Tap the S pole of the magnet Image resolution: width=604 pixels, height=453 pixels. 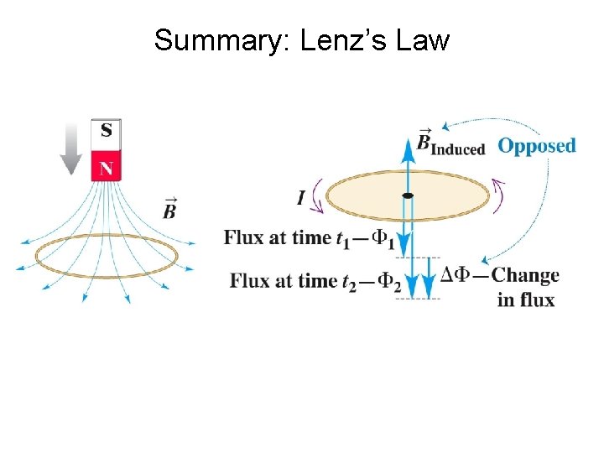click(106, 131)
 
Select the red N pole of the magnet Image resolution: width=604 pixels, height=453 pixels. click(106, 166)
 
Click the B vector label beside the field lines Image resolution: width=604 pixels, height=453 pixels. click(169, 209)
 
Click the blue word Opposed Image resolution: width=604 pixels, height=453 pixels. click(537, 145)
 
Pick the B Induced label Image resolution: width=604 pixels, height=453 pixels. click(451, 144)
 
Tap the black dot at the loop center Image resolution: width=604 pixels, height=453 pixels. click(407, 195)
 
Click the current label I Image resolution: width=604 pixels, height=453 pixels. click(301, 198)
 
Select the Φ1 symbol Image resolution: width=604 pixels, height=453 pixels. click(383, 239)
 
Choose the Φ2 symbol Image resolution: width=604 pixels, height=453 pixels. click(389, 283)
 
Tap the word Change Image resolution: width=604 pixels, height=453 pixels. click(525, 276)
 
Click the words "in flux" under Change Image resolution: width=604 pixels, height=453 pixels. click(525, 299)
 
